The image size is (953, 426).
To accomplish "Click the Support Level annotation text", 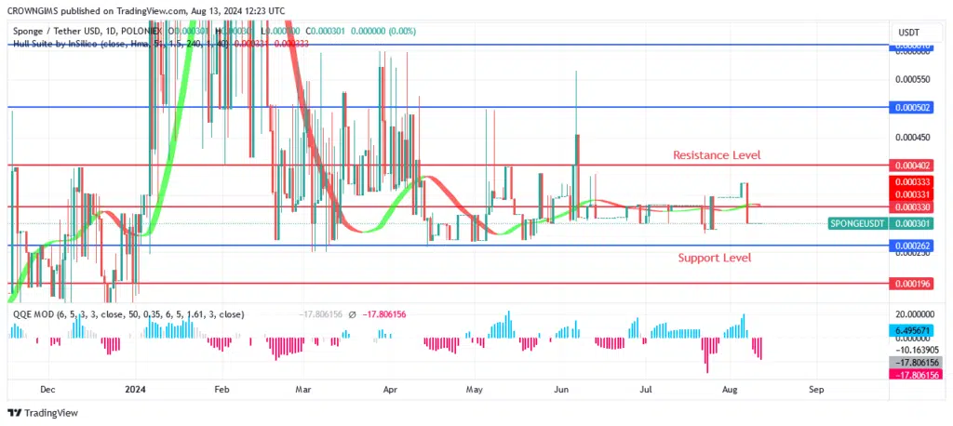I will click(714, 258).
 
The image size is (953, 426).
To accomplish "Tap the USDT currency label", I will click(907, 33).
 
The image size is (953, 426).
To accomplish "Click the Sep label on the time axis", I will click(815, 390).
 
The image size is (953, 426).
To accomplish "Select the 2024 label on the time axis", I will click(136, 390).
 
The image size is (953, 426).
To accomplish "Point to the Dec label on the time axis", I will click(48, 390).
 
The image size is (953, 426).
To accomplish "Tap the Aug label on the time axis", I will click(730, 390).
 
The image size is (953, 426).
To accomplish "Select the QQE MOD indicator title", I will click(32, 314).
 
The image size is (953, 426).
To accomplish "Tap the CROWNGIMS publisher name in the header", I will click(35, 10).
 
